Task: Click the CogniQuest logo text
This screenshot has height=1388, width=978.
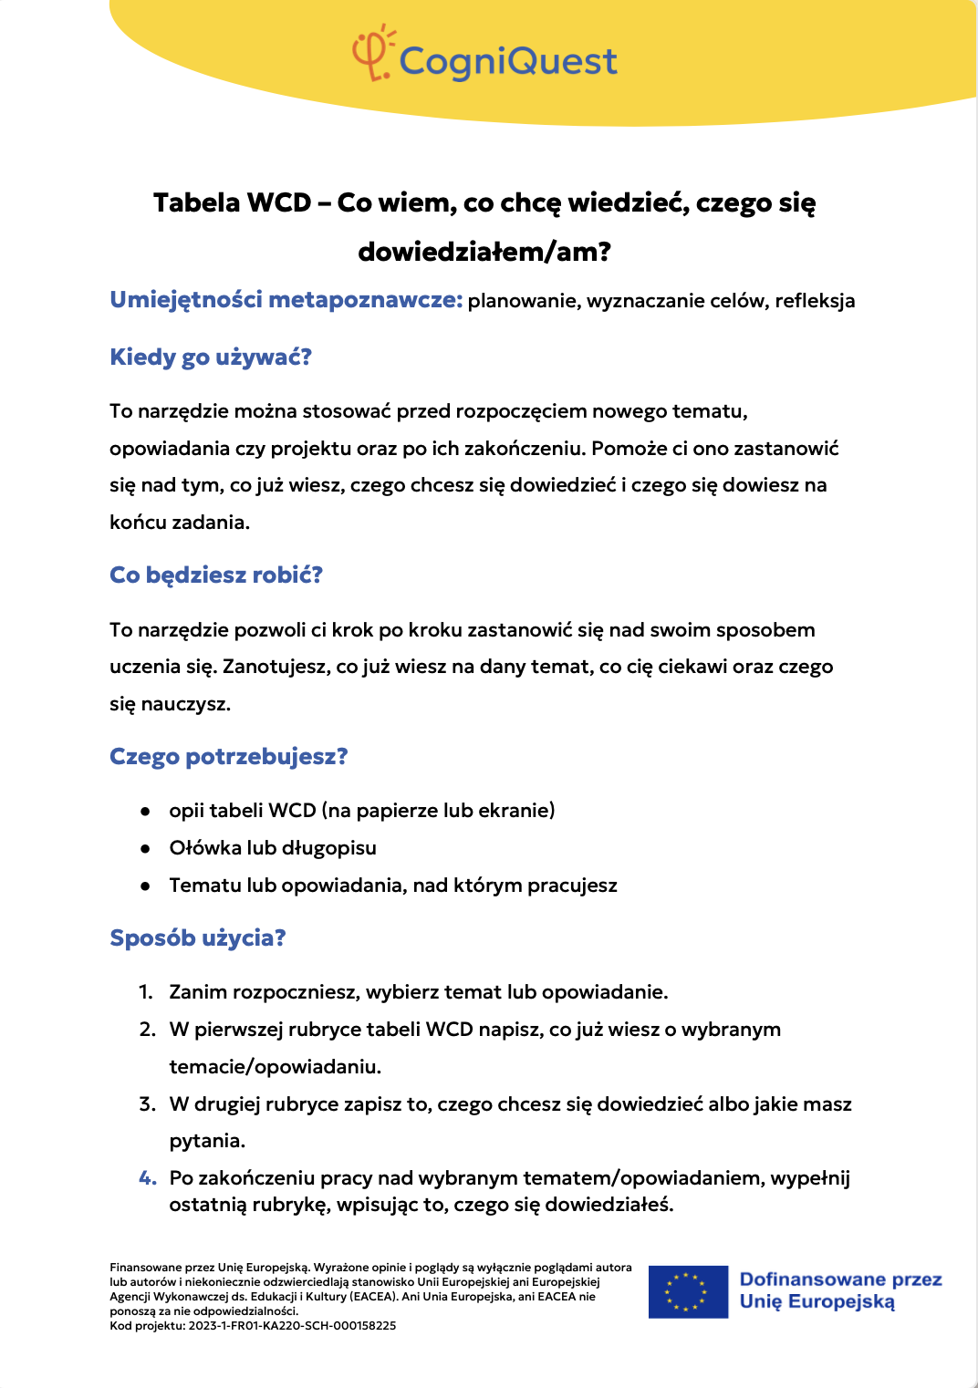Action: [x=508, y=61]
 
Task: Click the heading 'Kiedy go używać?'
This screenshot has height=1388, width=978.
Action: [x=211, y=357]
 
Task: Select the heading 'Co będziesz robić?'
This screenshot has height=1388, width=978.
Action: [x=216, y=575]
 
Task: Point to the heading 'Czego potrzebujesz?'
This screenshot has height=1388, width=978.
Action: [x=229, y=756]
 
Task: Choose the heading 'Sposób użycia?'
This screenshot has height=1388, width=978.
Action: [x=198, y=937]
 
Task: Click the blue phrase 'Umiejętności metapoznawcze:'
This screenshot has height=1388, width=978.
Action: [x=286, y=300]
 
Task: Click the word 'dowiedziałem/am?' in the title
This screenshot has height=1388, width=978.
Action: [x=484, y=251]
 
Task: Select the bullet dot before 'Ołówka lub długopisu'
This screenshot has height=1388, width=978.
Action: [x=145, y=848]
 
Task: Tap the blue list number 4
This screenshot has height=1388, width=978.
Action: [x=148, y=1178]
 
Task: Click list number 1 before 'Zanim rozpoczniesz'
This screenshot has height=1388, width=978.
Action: [x=146, y=992]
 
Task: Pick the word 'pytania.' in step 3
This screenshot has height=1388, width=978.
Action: [x=207, y=1141]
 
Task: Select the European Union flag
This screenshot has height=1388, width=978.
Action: [x=688, y=1291]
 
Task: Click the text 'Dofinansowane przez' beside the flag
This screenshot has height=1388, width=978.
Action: [x=840, y=1279]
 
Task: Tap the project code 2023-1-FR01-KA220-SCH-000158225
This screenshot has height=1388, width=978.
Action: [x=292, y=1326]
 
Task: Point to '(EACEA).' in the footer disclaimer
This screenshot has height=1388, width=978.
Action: [x=374, y=1297]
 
